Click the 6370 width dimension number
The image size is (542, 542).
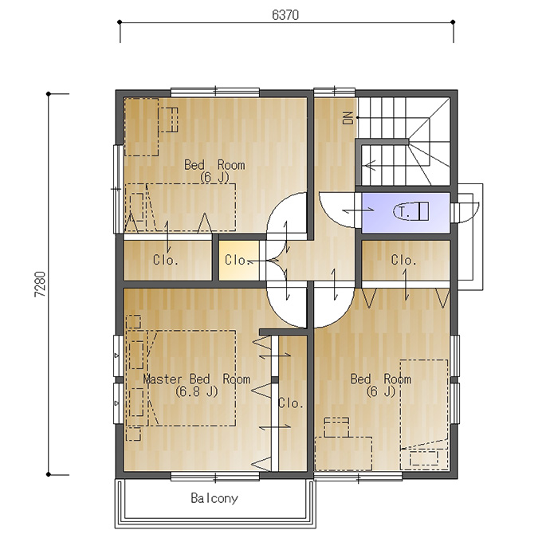(285, 15)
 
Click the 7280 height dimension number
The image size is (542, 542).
(40, 284)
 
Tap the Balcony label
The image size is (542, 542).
(214, 498)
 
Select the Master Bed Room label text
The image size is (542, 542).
(196, 379)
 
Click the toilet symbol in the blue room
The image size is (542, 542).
(410, 211)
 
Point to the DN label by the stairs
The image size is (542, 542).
(348, 117)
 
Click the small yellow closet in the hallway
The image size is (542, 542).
(239, 261)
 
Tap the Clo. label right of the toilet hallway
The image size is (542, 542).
(403, 260)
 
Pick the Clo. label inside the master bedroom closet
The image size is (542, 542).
(291, 403)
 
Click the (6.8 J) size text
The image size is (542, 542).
(196, 391)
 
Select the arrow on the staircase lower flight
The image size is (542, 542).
(371, 165)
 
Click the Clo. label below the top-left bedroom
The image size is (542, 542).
(166, 260)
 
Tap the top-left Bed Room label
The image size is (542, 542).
(214, 164)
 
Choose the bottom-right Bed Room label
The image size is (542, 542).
(381, 379)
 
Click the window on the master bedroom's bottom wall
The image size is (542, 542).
(215, 477)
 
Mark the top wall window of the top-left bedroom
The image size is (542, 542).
(215, 92)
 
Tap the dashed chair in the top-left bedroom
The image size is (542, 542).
(168, 120)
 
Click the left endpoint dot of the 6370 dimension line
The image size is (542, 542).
(120, 22)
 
